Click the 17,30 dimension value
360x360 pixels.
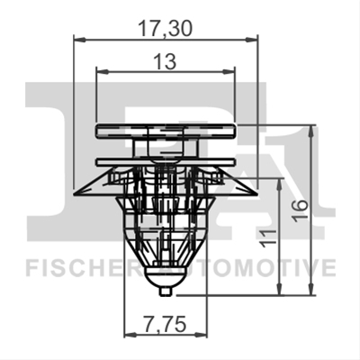165,30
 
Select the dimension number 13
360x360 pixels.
165,62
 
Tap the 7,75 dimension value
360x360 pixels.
166,324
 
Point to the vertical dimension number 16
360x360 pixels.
300,210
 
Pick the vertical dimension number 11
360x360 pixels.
268,238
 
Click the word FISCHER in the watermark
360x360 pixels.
82,268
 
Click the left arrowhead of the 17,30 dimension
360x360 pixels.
80,40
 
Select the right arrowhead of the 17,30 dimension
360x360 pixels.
251,40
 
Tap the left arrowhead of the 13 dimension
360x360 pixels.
102,71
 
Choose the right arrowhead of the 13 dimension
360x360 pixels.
229,71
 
